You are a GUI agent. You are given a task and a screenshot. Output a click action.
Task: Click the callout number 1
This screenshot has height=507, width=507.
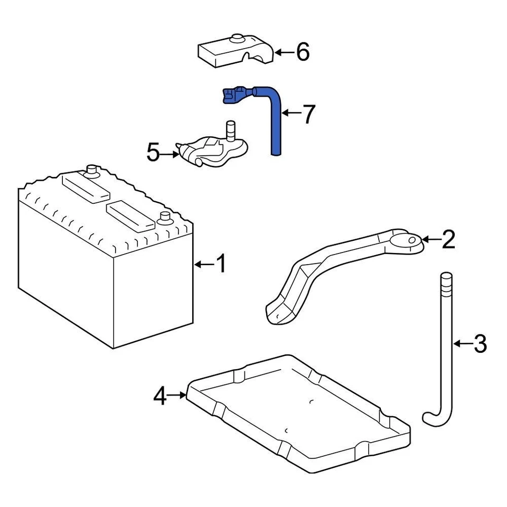(x=221, y=264)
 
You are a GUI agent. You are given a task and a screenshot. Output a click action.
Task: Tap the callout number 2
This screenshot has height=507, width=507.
(x=447, y=239)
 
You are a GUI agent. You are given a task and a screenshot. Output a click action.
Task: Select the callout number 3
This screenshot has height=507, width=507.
(x=479, y=344)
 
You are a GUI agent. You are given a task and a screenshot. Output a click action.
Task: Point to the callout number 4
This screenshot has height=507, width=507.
(x=160, y=396)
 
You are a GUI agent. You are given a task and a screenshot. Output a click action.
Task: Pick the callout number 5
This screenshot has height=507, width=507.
(x=153, y=154)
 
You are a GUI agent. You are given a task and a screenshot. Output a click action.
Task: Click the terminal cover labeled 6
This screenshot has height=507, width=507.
(x=235, y=52)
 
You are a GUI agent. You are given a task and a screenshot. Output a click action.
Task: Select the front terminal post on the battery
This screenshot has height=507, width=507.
(x=166, y=217)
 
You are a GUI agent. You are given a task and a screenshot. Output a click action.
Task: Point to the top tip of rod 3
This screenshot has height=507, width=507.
(x=447, y=276)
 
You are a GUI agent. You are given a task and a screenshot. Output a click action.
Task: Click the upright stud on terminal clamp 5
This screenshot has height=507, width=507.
(x=231, y=130)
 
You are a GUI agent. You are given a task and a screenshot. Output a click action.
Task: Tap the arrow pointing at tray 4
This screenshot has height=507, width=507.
(x=177, y=395)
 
